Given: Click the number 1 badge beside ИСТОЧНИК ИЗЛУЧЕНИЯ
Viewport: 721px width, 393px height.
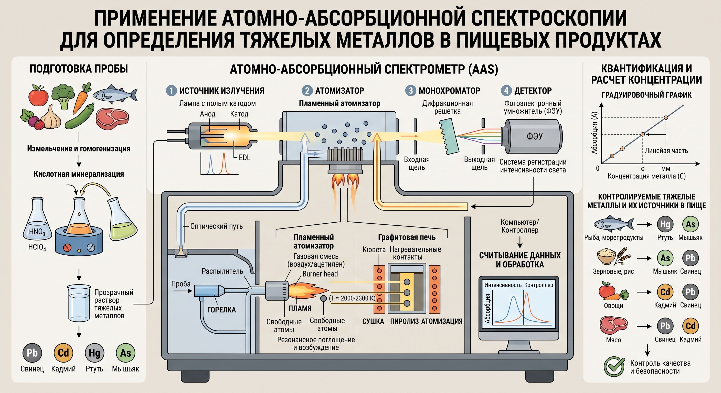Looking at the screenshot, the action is [x=171, y=91].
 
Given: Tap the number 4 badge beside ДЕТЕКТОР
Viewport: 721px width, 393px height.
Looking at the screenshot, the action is [x=506, y=91].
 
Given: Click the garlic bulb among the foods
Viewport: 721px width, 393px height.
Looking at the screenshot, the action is [x=51, y=118].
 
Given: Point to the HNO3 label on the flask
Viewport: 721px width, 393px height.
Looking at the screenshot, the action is [x=37, y=232].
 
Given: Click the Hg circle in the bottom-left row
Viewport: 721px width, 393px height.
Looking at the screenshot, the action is [x=94, y=353].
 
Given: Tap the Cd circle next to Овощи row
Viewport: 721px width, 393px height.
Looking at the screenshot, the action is [x=665, y=292].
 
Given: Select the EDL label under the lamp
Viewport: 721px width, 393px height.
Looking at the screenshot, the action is [x=244, y=157].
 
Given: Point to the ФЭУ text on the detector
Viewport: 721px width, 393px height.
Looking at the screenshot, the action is [x=535, y=136].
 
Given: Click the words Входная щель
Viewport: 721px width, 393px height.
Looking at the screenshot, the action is [x=417, y=163].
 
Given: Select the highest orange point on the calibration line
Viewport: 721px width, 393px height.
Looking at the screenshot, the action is [x=666, y=117].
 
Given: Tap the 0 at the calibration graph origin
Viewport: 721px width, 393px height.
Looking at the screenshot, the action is [x=598, y=168].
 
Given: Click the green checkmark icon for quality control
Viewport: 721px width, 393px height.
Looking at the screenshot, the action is [x=614, y=367].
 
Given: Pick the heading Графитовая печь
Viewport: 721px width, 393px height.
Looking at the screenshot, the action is [x=407, y=237].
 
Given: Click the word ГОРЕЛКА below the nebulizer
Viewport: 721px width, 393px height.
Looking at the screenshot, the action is [x=221, y=310].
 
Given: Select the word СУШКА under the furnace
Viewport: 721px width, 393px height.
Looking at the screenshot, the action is [x=373, y=321].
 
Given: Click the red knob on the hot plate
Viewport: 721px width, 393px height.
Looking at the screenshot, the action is [x=67, y=248].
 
